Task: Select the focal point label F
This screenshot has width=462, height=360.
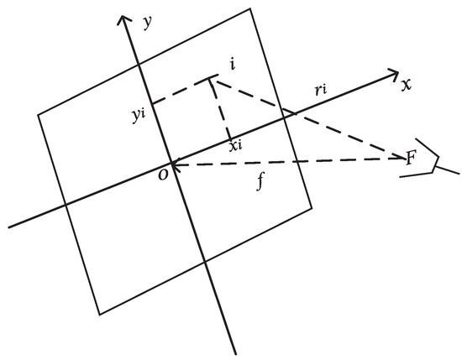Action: [411, 158]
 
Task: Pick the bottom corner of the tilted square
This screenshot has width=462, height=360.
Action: [99, 315]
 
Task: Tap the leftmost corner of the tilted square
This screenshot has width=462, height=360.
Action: [39, 114]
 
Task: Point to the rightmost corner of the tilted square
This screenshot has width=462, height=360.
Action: [312, 203]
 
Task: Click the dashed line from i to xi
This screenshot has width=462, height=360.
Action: [222, 109]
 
